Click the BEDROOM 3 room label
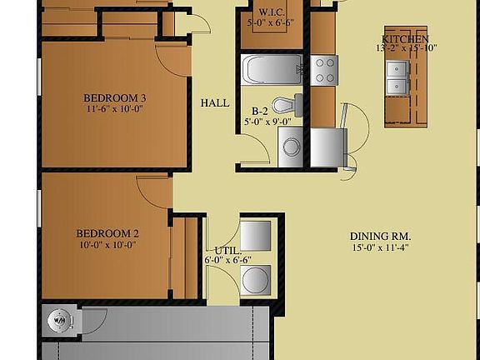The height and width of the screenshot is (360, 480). pos(115,98)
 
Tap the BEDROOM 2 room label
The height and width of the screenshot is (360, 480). pos(107,233)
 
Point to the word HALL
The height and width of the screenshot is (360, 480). pos(215,102)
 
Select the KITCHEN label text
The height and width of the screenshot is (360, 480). pos(405,39)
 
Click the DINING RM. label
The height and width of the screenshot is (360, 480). pos(381,237)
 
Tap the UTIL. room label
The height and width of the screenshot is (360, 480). pos(227,251)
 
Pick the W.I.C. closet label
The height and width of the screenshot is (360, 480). pos(272,12)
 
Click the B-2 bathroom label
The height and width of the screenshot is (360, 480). pos(260,111)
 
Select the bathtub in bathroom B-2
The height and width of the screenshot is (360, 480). pos(272,69)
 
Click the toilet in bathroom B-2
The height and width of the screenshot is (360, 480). pos(287,105)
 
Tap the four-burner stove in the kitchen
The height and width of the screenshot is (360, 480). pos(324,70)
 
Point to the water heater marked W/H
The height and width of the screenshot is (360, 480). pos(60,321)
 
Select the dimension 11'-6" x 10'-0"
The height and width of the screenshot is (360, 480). pos(115,108)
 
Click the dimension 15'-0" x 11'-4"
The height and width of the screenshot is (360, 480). pos(381,247)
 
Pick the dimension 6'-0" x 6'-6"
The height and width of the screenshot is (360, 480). pos(227,260)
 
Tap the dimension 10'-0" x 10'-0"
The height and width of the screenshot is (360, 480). pos(107,245)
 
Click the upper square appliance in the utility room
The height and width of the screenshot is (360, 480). pos(255,236)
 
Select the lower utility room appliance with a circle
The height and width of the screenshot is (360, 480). pos(255,280)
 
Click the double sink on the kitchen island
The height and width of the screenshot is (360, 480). pos(397,78)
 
